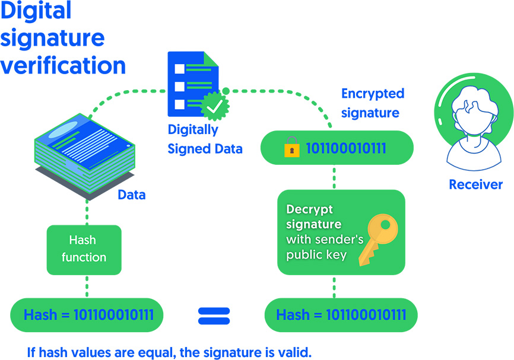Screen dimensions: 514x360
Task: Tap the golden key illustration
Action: tap(378, 240)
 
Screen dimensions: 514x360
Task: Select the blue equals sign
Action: tap(214, 316)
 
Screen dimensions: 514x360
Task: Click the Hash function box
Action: tap(84, 250)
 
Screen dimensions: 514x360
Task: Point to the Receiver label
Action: tap(475, 184)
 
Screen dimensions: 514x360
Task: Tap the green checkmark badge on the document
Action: tap(215, 106)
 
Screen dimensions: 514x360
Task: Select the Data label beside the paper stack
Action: tap(131, 195)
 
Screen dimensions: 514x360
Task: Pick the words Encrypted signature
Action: tap(373, 103)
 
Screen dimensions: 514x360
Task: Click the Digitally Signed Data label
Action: tap(205, 139)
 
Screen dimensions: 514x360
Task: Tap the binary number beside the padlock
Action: tap(346, 148)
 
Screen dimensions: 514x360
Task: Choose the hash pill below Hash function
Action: tap(87, 315)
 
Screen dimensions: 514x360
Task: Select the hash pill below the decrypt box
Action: tap(341, 315)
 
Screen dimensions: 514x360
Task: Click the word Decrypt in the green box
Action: tap(309, 209)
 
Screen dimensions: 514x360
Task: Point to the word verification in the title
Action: tap(63, 65)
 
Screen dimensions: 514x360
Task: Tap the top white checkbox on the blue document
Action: tap(180, 69)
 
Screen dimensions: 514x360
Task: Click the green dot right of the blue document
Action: tap(226, 91)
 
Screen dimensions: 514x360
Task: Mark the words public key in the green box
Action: tap(316, 255)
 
